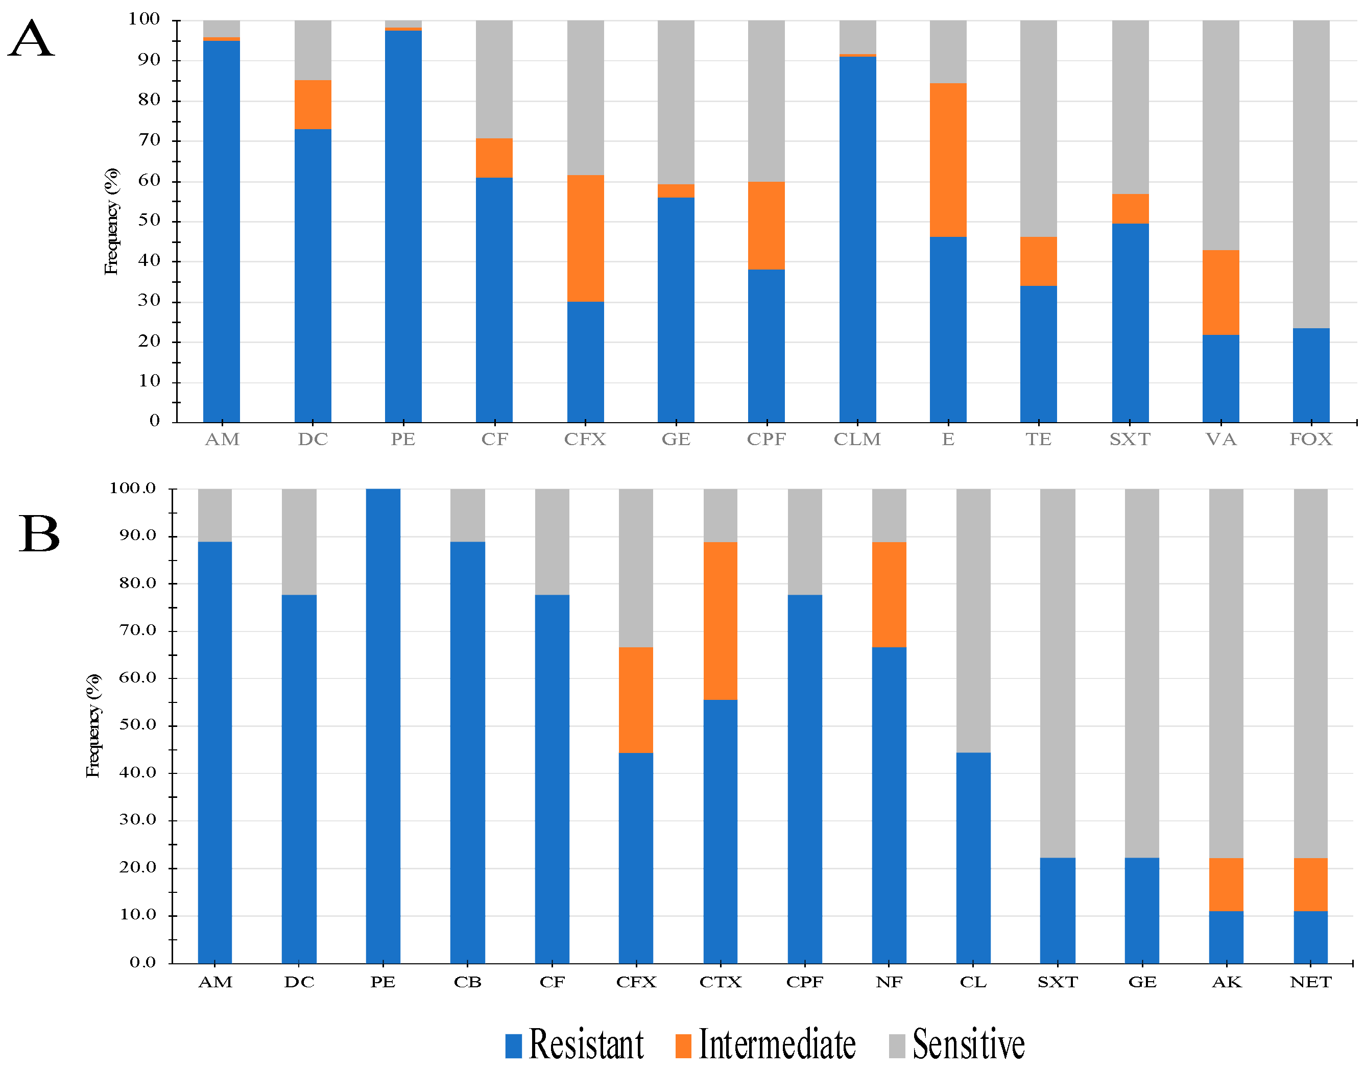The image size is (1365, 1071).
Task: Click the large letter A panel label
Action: click(x=31, y=39)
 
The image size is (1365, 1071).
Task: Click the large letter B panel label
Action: click(x=39, y=535)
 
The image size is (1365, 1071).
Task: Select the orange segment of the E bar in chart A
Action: click(x=948, y=160)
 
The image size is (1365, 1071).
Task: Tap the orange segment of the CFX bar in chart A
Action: click(x=585, y=238)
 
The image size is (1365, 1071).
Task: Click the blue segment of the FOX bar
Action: click(x=1311, y=375)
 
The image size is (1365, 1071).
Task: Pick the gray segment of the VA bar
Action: click(x=1220, y=135)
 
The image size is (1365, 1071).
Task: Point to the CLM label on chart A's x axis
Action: click(x=857, y=440)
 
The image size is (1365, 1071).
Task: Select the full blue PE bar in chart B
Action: click(x=382, y=726)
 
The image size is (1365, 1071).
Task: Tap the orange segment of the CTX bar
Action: click(x=720, y=621)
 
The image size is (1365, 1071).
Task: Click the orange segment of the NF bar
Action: click(x=889, y=594)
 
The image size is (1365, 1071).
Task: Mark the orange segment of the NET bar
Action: click(x=1310, y=885)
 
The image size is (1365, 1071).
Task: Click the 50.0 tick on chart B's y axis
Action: click(x=137, y=725)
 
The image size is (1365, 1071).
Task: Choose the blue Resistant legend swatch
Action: click(x=513, y=1046)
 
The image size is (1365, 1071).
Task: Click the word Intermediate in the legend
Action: click(x=777, y=1045)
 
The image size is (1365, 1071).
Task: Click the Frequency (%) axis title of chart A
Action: click(x=111, y=222)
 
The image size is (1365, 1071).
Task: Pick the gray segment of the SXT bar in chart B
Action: click(x=1057, y=673)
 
